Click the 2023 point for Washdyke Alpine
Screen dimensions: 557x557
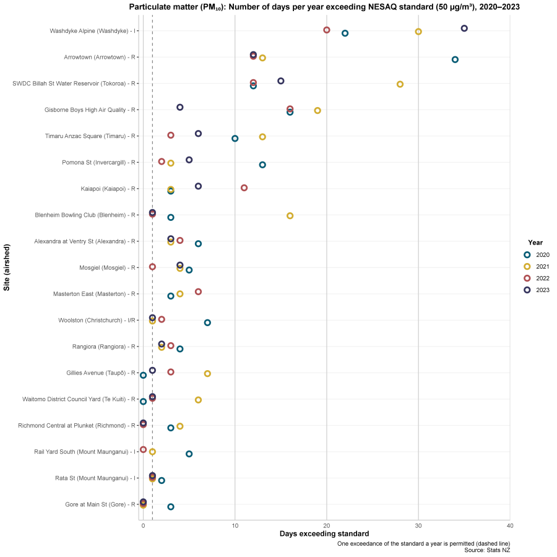pyautogui.click(x=464, y=28)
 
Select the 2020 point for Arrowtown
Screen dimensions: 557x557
pyautogui.click(x=455, y=59)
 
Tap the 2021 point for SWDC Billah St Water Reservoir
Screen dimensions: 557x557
pyautogui.click(x=400, y=84)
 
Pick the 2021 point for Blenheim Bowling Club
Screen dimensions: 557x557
pyautogui.click(x=290, y=215)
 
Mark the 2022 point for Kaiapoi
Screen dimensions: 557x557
pyautogui.click(x=244, y=188)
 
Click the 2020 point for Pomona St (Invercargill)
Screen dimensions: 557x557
pyautogui.click(x=262, y=165)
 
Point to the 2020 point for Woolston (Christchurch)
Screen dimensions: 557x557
pyautogui.click(x=207, y=322)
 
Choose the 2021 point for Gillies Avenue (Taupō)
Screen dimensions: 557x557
pyautogui.click(x=207, y=373)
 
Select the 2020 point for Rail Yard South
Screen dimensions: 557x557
pyautogui.click(x=189, y=454)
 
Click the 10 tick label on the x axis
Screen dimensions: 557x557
pyautogui.click(x=235, y=525)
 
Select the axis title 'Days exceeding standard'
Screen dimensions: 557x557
pyautogui.click(x=324, y=533)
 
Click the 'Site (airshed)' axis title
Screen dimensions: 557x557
pyautogui.click(x=7, y=267)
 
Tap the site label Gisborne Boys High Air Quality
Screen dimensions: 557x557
pyautogui.click(x=90, y=110)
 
